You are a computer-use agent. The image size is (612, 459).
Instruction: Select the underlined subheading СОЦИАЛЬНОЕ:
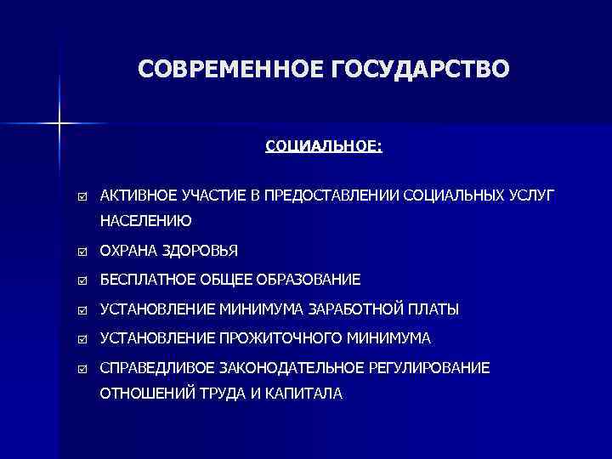point(324,146)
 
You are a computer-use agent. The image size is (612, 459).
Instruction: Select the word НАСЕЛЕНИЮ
point(145,221)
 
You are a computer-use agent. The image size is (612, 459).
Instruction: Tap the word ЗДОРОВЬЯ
point(205,251)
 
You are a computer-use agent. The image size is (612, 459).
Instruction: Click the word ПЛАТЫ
point(434,309)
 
